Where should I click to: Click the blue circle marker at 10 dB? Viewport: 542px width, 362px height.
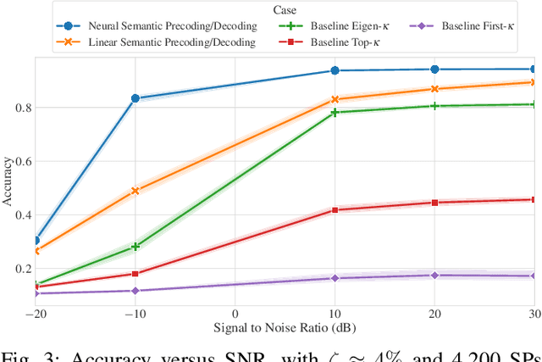pos(335,71)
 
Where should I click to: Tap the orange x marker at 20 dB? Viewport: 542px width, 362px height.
pos(434,89)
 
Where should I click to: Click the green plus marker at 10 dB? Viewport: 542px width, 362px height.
pos(335,112)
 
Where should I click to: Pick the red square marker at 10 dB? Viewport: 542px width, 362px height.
pos(335,209)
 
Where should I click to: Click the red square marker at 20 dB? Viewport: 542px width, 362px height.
pos(434,203)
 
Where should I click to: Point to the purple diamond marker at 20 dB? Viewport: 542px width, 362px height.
pos(434,276)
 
